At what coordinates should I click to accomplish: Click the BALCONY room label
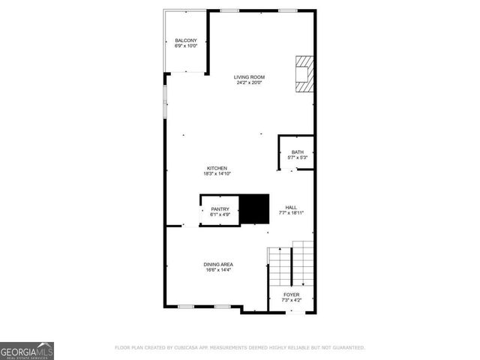pyautogui.click(x=186, y=40)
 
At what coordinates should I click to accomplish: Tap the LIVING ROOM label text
pyautogui.click(x=249, y=76)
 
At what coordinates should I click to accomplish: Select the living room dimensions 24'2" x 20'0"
pyautogui.click(x=249, y=82)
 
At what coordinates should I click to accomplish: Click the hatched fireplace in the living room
pyautogui.click(x=304, y=73)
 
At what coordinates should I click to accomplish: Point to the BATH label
pyautogui.click(x=298, y=152)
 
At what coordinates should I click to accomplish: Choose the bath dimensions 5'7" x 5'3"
pyautogui.click(x=298, y=158)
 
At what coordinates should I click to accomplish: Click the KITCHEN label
pyautogui.click(x=217, y=168)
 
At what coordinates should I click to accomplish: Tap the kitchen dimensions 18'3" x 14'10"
pyautogui.click(x=217, y=174)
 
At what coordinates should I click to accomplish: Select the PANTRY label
pyautogui.click(x=220, y=209)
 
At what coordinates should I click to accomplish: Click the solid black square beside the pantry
pyautogui.click(x=253, y=209)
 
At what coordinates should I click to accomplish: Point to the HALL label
pyautogui.click(x=291, y=207)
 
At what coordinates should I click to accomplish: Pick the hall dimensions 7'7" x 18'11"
pyautogui.click(x=291, y=213)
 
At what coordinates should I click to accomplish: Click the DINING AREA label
pyautogui.click(x=218, y=264)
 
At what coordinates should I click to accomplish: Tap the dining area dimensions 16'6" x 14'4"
pyautogui.click(x=218, y=270)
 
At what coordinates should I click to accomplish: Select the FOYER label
pyautogui.click(x=291, y=295)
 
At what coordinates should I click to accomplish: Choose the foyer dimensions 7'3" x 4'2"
pyautogui.click(x=291, y=301)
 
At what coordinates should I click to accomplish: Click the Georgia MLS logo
pyautogui.click(x=27, y=351)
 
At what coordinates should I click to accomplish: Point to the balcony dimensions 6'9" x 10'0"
pyautogui.click(x=186, y=46)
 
